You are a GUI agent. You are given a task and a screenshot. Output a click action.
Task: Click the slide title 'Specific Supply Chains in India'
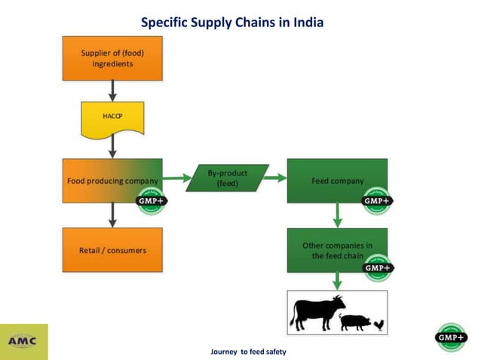tap(232, 23)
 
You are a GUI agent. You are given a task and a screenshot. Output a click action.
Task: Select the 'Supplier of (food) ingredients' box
tap(112, 58)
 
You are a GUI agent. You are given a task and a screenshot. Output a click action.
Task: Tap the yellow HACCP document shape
tap(112, 117)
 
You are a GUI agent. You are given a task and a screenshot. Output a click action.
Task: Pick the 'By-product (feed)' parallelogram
tap(227, 179)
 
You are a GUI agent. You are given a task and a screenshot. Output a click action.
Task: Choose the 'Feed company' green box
tap(337, 181)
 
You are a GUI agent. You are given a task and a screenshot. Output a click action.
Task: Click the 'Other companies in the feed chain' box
tap(337, 250)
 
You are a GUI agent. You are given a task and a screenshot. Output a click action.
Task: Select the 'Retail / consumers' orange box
tap(112, 250)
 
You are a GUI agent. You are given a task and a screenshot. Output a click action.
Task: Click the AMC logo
tap(24, 341)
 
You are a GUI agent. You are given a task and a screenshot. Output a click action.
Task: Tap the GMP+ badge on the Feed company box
tap(376, 201)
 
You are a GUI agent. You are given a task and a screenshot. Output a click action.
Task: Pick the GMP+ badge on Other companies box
tap(376, 267)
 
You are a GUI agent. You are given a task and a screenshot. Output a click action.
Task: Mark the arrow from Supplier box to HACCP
tap(112, 91)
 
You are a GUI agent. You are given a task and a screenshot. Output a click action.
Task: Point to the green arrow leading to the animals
tap(337, 281)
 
